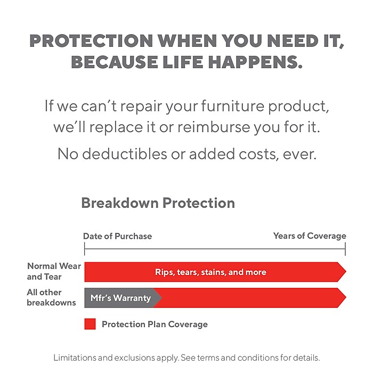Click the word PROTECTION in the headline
[x=91, y=40]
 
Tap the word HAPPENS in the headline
[x=255, y=62]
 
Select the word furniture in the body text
[x=233, y=106]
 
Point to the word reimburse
[x=214, y=127]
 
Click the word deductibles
[x=124, y=153]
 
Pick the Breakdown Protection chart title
[x=158, y=203]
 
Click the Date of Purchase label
[x=118, y=236]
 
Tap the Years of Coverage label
[x=310, y=236]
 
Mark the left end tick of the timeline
[x=84, y=249]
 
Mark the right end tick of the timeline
[x=345, y=249]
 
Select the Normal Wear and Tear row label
[x=54, y=271]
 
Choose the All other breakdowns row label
[x=51, y=297]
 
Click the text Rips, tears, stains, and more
[x=210, y=272]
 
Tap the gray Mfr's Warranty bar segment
[x=120, y=298]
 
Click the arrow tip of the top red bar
[x=346, y=272]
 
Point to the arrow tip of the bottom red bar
[x=346, y=297]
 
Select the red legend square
[x=90, y=324]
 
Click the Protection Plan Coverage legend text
[x=155, y=324]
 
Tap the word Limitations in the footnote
[x=75, y=358]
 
